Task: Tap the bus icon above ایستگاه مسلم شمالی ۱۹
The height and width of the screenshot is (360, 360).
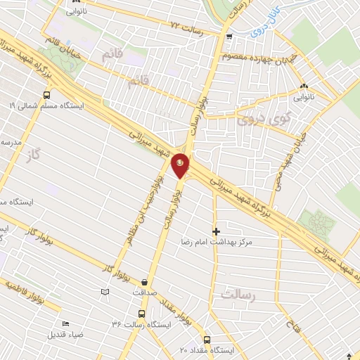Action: (x=47, y=94)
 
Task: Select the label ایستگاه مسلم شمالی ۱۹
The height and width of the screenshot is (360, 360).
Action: (x=47, y=105)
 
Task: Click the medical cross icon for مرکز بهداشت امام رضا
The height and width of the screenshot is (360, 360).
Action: (x=216, y=231)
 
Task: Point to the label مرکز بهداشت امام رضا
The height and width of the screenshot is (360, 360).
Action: (x=216, y=241)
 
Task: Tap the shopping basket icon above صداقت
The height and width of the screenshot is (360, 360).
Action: (x=145, y=278)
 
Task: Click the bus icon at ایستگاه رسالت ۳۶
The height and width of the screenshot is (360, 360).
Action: (x=141, y=314)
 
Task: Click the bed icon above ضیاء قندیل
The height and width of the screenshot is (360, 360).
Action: (x=66, y=323)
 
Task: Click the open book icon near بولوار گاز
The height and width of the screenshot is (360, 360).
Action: (x=105, y=292)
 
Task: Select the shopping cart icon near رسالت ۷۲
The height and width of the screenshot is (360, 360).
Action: (x=229, y=37)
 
